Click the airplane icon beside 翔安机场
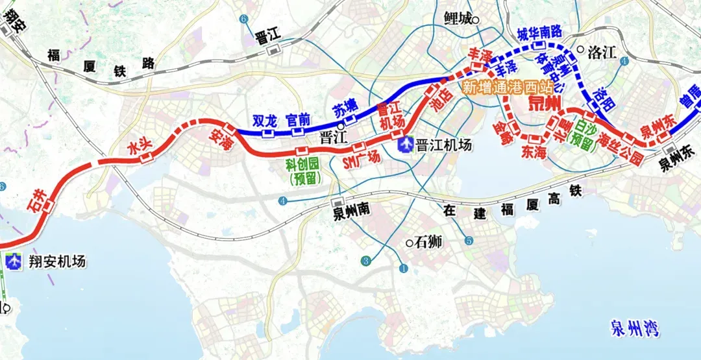point(12,261)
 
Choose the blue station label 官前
point(298,119)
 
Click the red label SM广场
point(360,158)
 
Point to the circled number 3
point(365,261)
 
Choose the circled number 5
point(469,241)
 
